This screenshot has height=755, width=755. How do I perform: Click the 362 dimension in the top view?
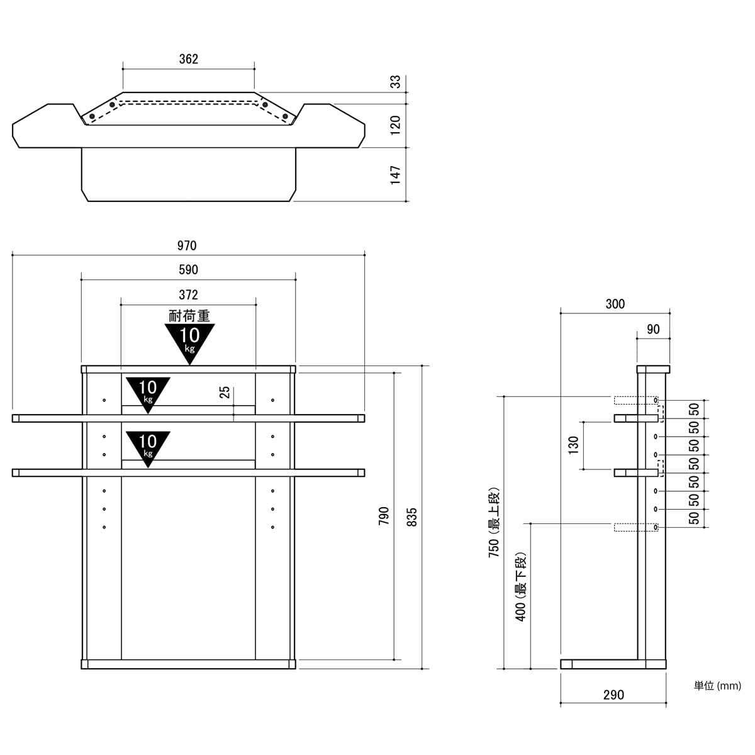(188, 59)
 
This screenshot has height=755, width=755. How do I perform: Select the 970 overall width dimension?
(188, 245)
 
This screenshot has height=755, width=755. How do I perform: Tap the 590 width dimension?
(188, 270)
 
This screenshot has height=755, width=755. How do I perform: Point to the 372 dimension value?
(188, 294)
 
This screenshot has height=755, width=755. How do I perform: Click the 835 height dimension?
(411, 516)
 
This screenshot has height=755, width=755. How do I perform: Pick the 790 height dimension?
(384, 516)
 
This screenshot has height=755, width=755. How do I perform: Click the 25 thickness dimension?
(225, 393)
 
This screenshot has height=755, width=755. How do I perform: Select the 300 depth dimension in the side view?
(615, 304)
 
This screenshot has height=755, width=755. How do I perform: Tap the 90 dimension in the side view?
(653, 329)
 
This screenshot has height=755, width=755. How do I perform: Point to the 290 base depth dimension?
(613, 695)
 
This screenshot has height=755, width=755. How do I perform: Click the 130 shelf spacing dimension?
(573, 445)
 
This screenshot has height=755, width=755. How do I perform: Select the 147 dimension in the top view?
(395, 175)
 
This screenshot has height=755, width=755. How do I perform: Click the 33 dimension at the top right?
(395, 82)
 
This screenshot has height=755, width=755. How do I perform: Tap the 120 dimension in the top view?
(395, 125)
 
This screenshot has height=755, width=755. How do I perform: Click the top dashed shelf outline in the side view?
(635, 400)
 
